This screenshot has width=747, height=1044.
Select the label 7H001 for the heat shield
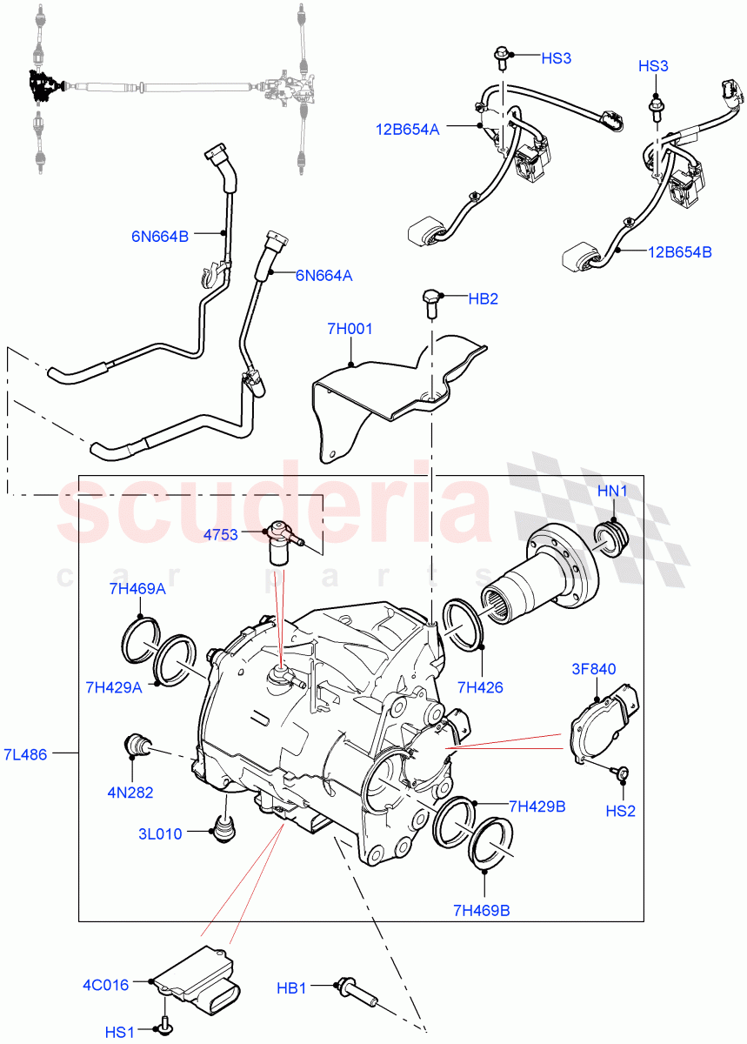350,330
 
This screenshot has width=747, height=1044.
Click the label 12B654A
408,130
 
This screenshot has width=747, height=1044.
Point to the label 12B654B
679,251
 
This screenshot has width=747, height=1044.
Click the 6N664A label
323,275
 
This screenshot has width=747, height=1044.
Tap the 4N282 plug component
137,745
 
